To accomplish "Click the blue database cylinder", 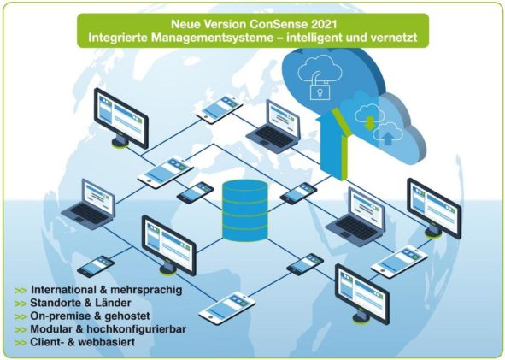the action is tap(245, 210).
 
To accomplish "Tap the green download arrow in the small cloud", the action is tap(370, 122).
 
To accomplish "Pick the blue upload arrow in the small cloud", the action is tap(389, 138).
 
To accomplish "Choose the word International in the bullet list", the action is tap(63, 290).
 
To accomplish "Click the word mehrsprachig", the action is tap(146, 290).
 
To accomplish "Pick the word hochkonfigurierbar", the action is tap(136, 329).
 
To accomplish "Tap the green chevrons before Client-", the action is tap(21, 343).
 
